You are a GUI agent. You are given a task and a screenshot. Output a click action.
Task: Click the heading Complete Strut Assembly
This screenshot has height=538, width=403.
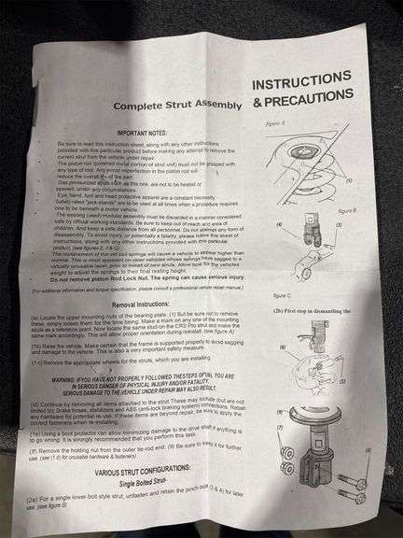coord(174,106)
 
